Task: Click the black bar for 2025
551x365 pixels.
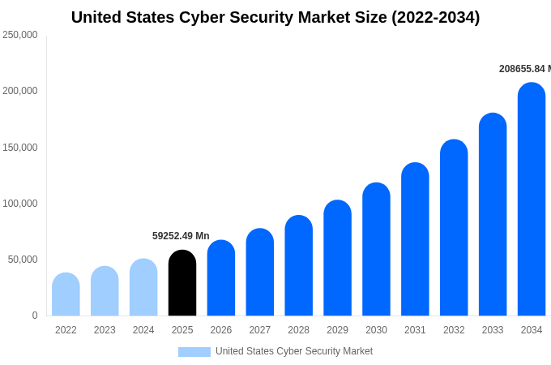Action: pyautogui.click(x=182, y=284)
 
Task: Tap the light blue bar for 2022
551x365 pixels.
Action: pyautogui.click(x=66, y=295)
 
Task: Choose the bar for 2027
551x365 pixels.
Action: pyautogui.click(x=259, y=273)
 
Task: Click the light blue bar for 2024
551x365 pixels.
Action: pyautogui.click(x=143, y=288)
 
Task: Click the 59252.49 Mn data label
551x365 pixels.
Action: pyautogui.click(x=181, y=236)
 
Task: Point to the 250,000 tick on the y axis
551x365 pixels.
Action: pyautogui.click(x=20, y=35)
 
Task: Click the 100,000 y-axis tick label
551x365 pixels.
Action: pyautogui.click(x=20, y=204)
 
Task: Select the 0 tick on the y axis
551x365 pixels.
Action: pyautogui.click(x=34, y=316)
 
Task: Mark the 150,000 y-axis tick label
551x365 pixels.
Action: pyautogui.click(x=20, y=148)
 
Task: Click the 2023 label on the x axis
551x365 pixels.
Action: pyautogui.click(x=105, y=330)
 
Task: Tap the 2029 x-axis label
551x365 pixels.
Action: pyautogui.click(x=337, y=330)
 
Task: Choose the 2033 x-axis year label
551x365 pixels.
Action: pyautogui.click(x=493, y=330)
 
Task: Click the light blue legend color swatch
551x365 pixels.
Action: pyautogui.click(x=194, y=352)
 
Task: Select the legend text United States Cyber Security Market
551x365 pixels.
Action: pyautogui.click(x=294, y=351)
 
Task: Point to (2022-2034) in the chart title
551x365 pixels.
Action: pyautogui.click(x=435, y=17)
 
